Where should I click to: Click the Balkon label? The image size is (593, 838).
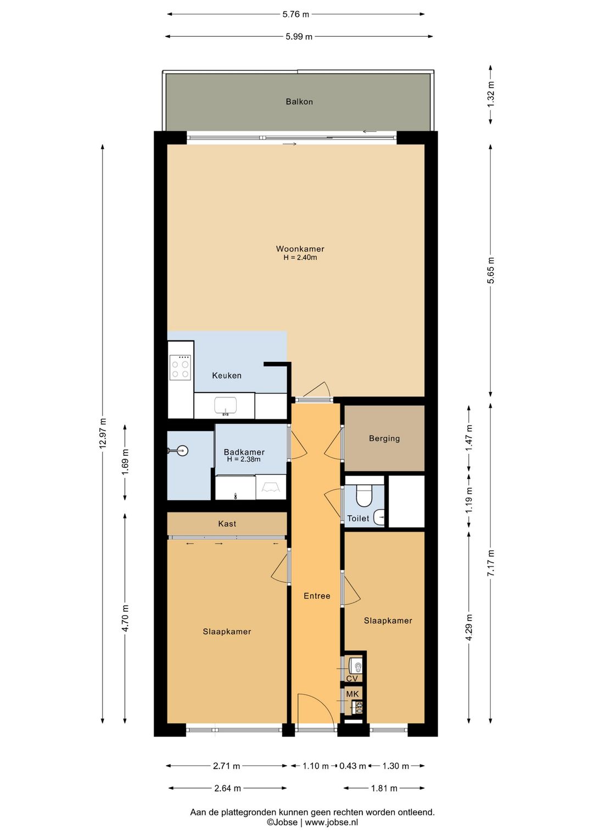pyautogui.click(x=299, y=102)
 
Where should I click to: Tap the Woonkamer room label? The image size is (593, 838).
pyautogui.click(x=300, y=249)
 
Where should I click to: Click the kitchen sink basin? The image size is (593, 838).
pyautogui.click(x=226, y=406)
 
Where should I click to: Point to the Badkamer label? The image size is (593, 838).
pyautogui.click(x=244, y=452)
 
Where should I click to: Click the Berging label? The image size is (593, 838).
pyautogui.click(x=384, y=438)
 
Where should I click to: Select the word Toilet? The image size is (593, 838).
pyautogui.click(x=358, y=518)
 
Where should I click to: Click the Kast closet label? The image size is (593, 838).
pyautogui.click(x=227, y=523)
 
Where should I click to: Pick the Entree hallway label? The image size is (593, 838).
pyautogui.click(x=317, y=596)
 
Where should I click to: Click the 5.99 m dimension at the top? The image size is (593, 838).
pyautogui.click(x=299, y=37)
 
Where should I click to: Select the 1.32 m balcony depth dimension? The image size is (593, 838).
pyautogui.click(x=491, y=94)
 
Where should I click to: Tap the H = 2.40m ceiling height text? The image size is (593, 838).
pyautogui.click(x=300, y=258)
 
